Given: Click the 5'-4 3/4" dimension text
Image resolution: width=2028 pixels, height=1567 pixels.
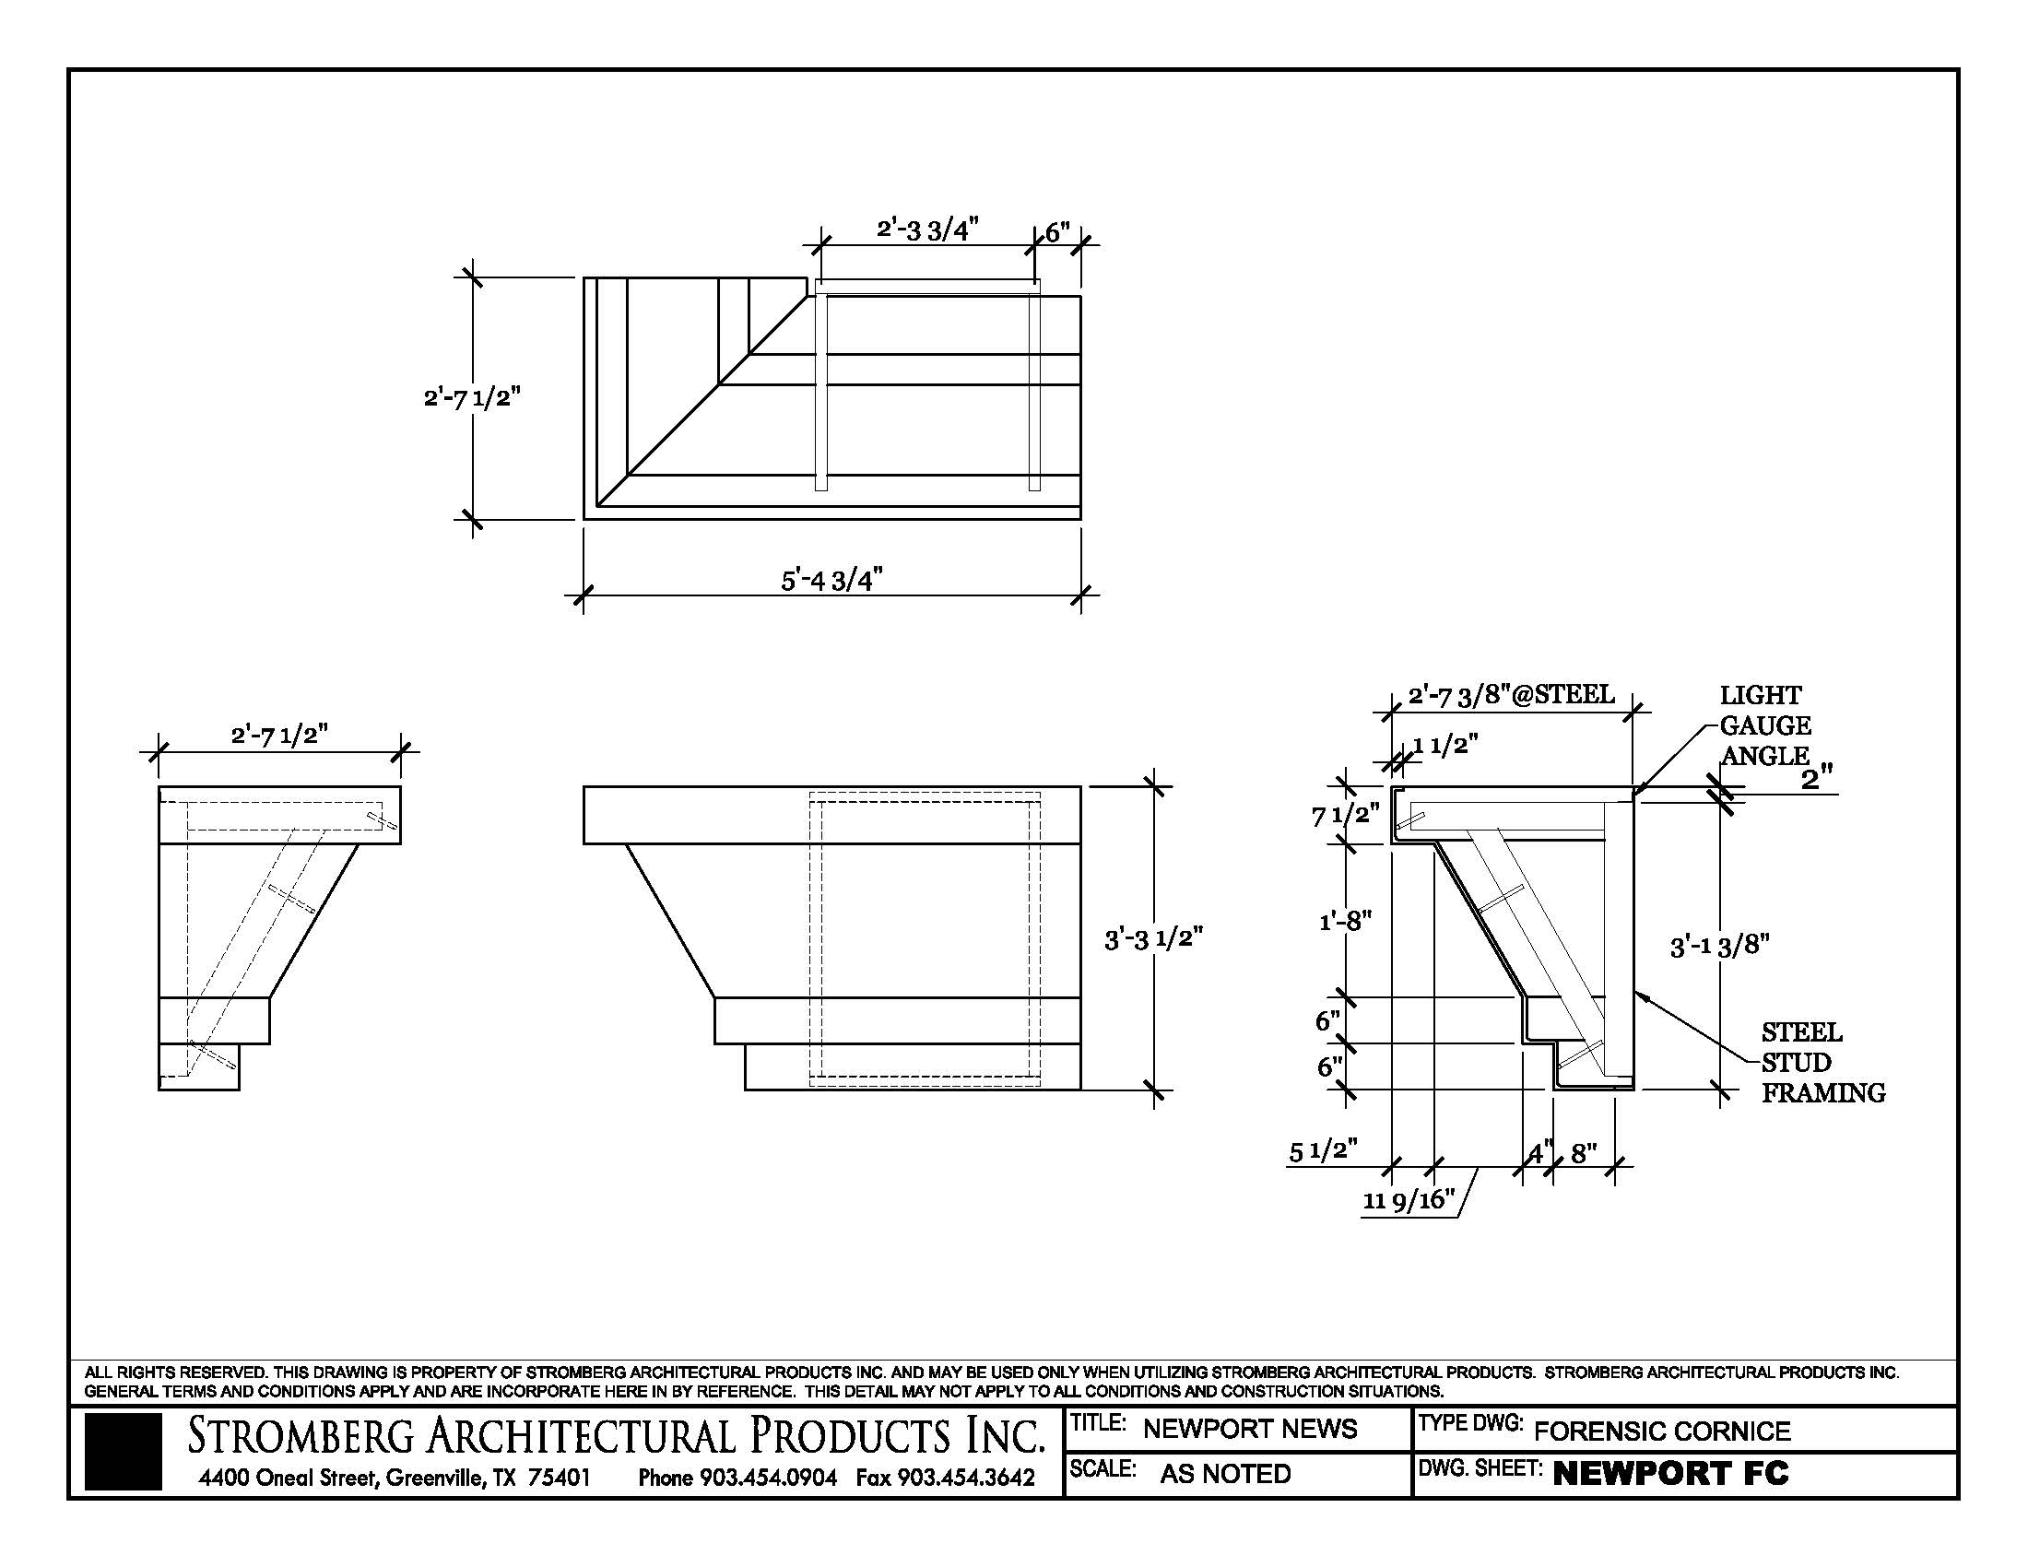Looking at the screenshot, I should (x=831, y=581).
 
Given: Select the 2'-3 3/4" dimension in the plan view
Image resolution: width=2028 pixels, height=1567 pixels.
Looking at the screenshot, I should (x=926, y=230).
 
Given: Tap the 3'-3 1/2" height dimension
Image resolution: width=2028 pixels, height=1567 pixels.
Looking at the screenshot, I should (x=1153, y=939).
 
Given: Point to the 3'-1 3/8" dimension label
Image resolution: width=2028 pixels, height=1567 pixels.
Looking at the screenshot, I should (x=1720, y=946).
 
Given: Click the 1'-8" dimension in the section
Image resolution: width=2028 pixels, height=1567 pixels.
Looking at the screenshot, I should (x=1345, y=921).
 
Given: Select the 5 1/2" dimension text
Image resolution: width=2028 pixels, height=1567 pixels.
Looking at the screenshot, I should (x=1323, y=1151).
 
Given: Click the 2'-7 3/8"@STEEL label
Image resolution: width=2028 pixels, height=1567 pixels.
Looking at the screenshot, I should (x=1512, y=695).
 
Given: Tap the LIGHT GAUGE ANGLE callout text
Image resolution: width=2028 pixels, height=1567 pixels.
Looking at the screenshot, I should (x=1765, y=725).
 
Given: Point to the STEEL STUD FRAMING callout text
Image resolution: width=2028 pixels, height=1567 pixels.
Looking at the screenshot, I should (x=1822, y=1062).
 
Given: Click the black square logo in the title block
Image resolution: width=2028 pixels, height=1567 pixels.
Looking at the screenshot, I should (x=123, y=1451).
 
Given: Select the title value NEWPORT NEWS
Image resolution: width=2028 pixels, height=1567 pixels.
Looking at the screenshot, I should (x=1250, y=1429).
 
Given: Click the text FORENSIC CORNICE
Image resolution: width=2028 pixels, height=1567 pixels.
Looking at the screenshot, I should (x=1662, y=1431).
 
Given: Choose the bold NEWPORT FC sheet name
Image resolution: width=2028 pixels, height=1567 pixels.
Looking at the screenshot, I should (x=1670, y=1473).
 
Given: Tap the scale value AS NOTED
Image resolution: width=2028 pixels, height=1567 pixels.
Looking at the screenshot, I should (x=1226, y=1473).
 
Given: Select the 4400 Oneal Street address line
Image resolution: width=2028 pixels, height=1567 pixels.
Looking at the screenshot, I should (x=395, y=1477).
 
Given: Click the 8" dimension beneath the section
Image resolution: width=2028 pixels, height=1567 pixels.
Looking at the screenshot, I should (x=1583, y=1154).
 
